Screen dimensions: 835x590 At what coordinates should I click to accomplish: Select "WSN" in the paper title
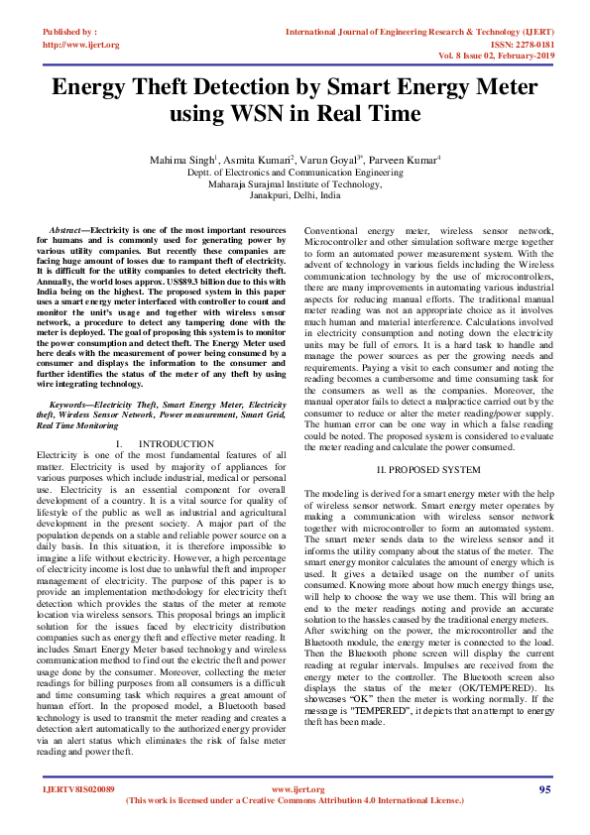263,114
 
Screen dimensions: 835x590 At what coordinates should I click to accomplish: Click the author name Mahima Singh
178,159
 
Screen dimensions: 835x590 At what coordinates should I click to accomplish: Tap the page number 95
544,789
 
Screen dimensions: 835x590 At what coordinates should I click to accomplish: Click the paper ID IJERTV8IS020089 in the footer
78,789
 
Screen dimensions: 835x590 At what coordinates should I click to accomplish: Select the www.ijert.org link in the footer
295,789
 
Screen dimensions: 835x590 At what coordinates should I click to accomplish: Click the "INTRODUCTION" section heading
176,442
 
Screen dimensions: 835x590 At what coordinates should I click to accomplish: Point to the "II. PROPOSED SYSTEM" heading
428,467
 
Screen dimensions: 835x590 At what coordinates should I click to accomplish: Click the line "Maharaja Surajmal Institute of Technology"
295,183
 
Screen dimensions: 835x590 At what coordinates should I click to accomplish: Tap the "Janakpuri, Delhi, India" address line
295,195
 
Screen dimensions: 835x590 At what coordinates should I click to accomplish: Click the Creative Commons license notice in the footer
295,799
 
